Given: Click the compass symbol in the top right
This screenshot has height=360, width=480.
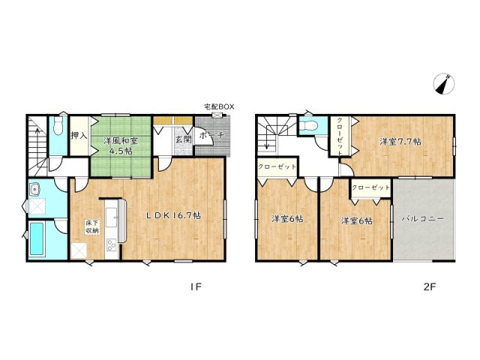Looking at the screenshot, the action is (x=443, y=83).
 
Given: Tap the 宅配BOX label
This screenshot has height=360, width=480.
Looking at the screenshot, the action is (x=219, y=106).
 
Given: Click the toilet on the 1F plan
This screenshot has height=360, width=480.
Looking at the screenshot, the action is (x=58, y=125).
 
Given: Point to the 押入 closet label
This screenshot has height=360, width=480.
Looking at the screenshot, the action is (x=79, y=135).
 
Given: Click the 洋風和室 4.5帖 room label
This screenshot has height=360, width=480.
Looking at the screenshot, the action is (x=121, y=145).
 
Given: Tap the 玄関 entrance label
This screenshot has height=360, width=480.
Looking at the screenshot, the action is (x=183, y=139).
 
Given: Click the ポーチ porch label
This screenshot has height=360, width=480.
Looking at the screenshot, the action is (x=211, y=135).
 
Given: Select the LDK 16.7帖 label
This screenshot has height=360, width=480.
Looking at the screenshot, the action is (x=173, y=216).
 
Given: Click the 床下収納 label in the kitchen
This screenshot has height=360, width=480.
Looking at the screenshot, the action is (x=91, y=226).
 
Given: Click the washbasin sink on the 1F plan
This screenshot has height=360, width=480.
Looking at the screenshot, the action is (x=35, y=190).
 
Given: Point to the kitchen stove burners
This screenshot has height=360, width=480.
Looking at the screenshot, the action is (x=111, y=245).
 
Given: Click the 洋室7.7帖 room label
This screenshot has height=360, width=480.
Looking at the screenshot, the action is (x=400, y=142).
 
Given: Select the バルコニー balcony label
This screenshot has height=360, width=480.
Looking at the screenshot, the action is (x=423, y=219).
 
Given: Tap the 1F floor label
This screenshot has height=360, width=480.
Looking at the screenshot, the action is (x=196, y=286).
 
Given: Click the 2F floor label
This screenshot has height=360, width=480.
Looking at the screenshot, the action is (x=430, y=286).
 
